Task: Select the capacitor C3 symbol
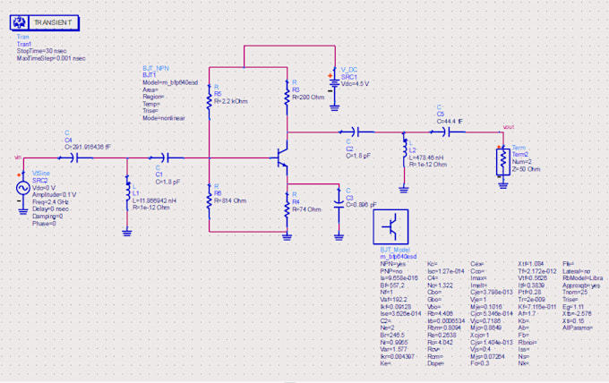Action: [339, 201]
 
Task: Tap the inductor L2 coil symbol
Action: [404, 154]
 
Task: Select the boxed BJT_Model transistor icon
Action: [390, 227]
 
